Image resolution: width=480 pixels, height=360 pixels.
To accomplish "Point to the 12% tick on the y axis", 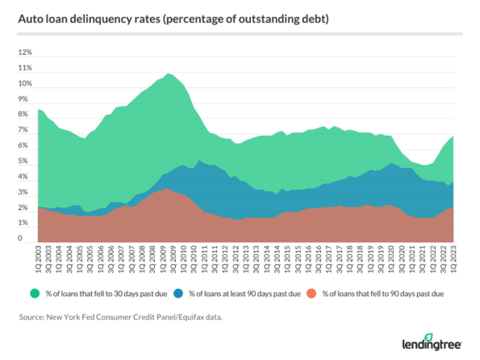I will point(25,52).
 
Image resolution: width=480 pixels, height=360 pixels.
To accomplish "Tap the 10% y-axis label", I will point(25,84).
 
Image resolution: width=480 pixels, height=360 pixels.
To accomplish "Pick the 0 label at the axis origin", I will point(28,239).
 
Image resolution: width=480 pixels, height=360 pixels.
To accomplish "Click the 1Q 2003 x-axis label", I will point(39,257).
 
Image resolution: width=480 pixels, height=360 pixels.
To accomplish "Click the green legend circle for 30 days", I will point(33,291).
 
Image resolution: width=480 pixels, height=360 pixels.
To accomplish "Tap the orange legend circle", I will point(315,291).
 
